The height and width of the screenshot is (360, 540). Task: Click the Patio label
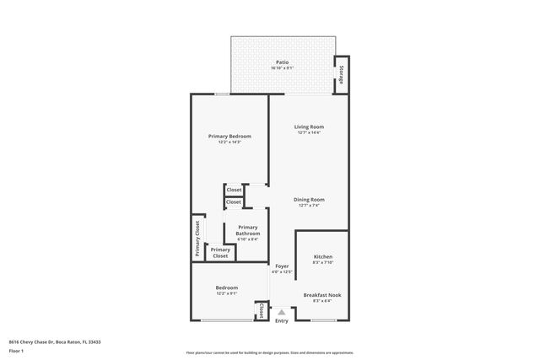pyautogui.click(x=282, y=62)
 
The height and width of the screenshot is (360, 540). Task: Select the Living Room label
pyautogui.click(x=309, y=126)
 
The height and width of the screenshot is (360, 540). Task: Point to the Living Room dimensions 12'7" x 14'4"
pyautogui.click(x=309, y=132)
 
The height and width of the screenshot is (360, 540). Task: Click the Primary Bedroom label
pyautogui.click(x=229, y=136)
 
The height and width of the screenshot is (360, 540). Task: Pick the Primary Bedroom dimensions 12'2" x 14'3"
pyautogui.click(x=229, y=142)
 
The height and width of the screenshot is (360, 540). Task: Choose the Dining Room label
pyautogui.click(x=309, y=200)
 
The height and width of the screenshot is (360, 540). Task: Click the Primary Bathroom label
pyautogui.click(x=247, y=230)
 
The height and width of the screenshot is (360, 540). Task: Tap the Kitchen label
pyautogui.click(x=323, y=256)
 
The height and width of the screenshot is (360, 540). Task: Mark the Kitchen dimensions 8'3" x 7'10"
pyautogui.click(x=323, y=262)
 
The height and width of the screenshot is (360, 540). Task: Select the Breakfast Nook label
pyautogui.click(x=323, y=294)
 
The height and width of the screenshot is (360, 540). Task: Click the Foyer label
pyautogui.click(x=281, y=266)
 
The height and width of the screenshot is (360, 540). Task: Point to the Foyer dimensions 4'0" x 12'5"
pyautogui.click(x=281, y=271)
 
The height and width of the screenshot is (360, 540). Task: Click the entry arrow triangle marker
pyautogui.click(x=281, y=312)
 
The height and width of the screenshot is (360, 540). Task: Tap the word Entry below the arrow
pyautogui.click(x=281, y=320)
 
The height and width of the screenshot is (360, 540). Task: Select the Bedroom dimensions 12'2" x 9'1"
pyautogui.click(x=226, y=293)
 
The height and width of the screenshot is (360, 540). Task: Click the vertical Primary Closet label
pyautogui.click(x=197, y=238)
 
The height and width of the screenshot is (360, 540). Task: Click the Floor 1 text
pyautogui.click(x=17, y=351)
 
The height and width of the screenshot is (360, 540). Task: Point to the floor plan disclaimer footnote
pyautogui.click(x=269, y=352)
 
